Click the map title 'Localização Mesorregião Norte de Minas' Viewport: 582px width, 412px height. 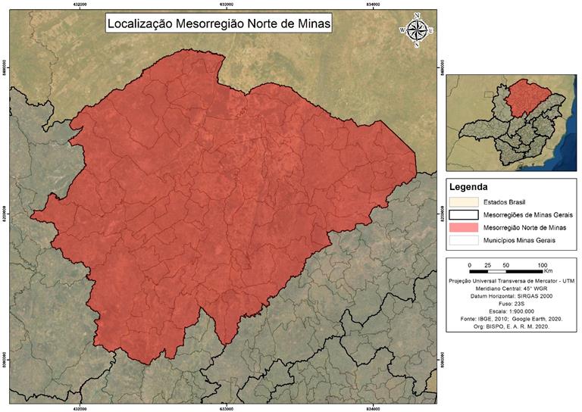[x=219, y=23]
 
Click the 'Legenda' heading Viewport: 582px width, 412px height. [x=468, y=186]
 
